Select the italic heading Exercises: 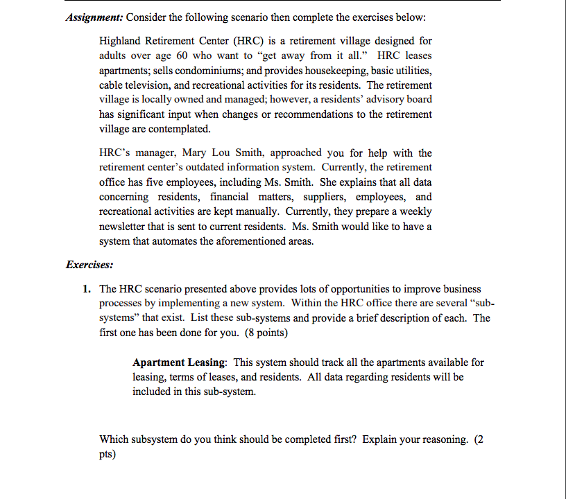pos(89,265)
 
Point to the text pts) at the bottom pos(108,455)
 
